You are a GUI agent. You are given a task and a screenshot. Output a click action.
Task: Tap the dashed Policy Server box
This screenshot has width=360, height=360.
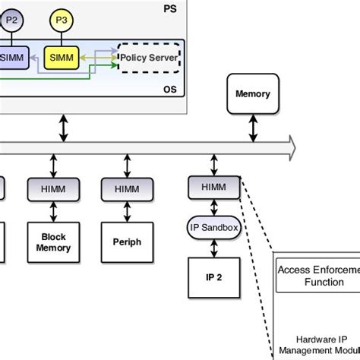(149, 58)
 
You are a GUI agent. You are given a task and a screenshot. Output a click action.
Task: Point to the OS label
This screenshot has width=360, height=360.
(169, 90)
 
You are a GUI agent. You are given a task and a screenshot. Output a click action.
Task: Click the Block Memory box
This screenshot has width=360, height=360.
(53, 242)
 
